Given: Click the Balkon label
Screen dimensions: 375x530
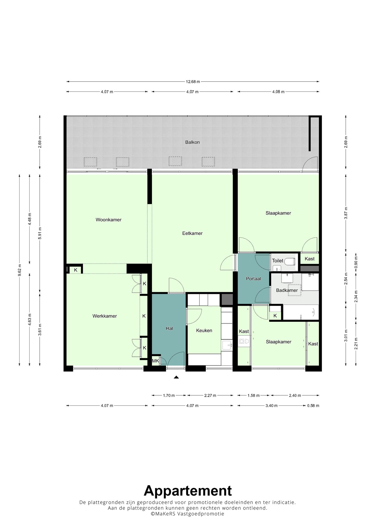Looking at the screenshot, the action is (192, 142).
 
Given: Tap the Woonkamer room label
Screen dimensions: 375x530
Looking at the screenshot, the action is (109, 220).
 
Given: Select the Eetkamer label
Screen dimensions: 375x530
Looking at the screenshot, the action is (192, 233).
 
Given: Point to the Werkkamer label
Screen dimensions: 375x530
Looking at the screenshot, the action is (105, 316).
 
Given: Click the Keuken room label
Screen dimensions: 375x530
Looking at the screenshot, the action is (204, 331).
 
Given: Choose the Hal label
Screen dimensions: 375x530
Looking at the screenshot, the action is (169, 329).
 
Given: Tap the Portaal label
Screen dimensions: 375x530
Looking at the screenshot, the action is (253, 279).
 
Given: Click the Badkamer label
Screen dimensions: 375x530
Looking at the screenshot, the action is (287, 290).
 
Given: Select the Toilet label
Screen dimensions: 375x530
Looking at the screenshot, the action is (278, 261).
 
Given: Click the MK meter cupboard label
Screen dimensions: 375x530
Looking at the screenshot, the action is (155, 361).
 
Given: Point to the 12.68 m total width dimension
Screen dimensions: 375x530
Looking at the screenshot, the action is (193, 82).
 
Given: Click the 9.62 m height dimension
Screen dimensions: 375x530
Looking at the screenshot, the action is (20, 270).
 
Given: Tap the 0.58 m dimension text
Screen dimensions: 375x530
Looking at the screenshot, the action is (313, 406).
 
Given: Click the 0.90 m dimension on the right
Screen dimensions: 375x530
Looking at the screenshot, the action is (356, 263).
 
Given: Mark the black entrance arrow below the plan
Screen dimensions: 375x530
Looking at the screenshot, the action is (176, 377).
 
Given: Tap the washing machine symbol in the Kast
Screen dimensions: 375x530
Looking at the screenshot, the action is (242, 341).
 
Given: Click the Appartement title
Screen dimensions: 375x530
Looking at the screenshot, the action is (187, 491).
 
